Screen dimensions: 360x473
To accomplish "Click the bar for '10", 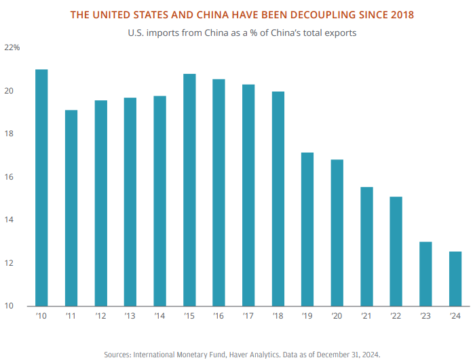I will pos(41,187).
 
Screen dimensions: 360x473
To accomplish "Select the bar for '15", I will pos(190,190).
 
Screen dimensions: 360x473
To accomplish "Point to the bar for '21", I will pos(366,246).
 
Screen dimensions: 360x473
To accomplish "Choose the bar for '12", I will pos(101,203).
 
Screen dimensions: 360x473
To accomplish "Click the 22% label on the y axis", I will pos(13,48).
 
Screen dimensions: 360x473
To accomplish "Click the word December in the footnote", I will pos(335,354).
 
